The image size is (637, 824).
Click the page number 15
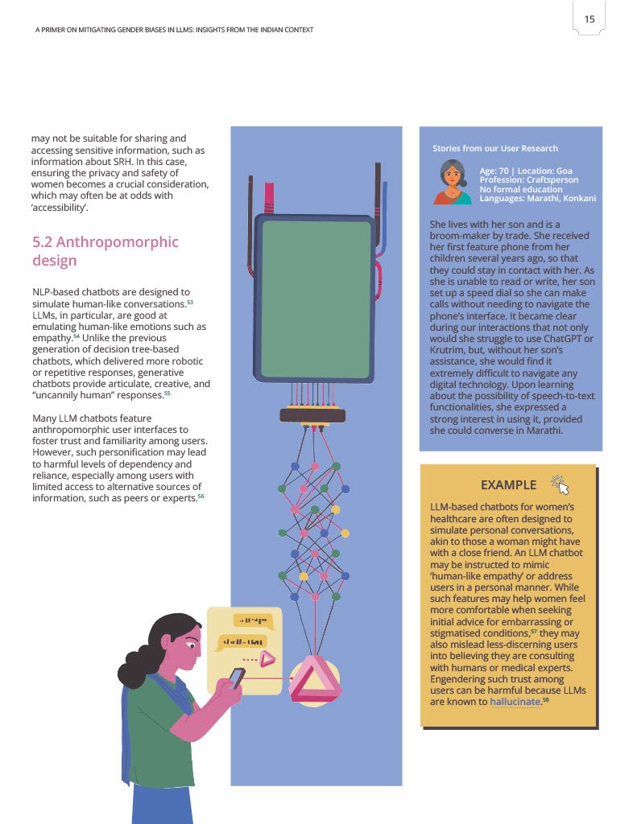[x=589, y=19]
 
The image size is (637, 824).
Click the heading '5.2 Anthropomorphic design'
[x=105, y=251]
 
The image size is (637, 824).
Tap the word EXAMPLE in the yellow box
[x=508, y=485]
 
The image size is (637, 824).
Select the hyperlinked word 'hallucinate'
[x=515, y=702]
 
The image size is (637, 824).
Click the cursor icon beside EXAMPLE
[x=560, y=485]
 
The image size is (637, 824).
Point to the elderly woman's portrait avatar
[x=452, y=182]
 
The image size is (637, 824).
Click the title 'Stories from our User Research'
[x=495, y=149]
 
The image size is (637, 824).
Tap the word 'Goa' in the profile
[x=564, y=171]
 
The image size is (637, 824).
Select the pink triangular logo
[x=315, y=681]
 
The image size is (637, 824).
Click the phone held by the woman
[x=237, y=678]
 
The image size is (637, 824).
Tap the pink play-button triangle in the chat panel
[x=267, y=659]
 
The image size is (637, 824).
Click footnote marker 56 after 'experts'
[x=201, y=496]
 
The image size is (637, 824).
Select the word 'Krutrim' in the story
[x=446, y=350]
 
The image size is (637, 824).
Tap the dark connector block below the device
[x=312, y=415]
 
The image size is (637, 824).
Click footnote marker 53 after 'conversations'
[x=190, y=303]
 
